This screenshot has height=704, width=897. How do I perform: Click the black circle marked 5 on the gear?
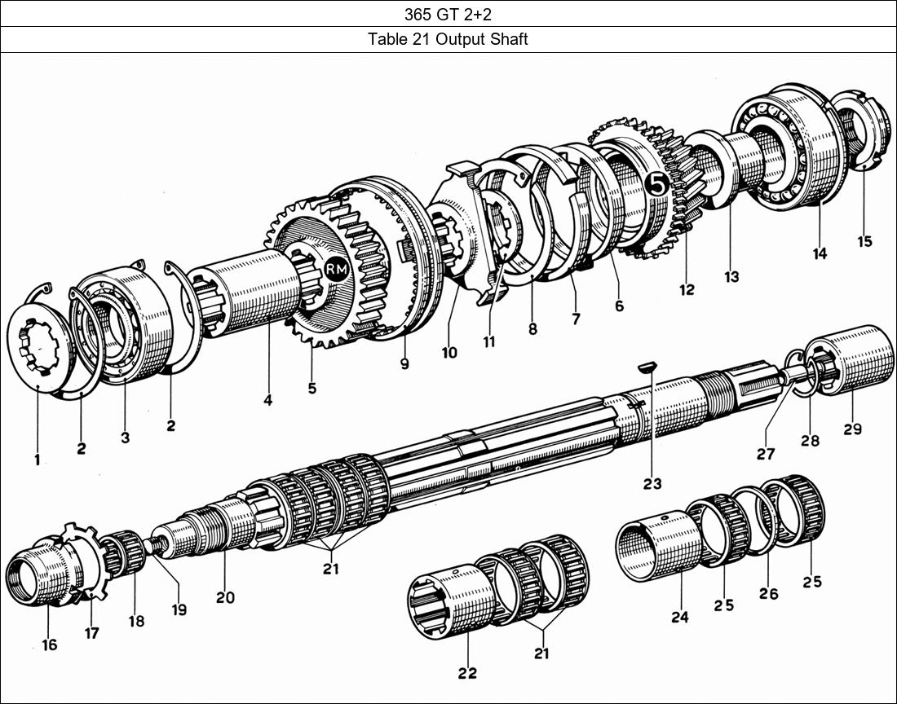pyautogui.click(x=657, y=185)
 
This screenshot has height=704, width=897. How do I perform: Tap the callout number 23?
pyautogui.click(x=652, y=483)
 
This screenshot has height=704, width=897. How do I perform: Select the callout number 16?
pyautogui.click(x=50, y=645)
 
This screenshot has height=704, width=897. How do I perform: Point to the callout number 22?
pyautogui.click(x=467, y=673)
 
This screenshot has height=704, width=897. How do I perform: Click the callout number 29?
pyautogui.click(x=852, y=429)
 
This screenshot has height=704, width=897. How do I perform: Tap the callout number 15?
pyautogui.click(x=864, y=241)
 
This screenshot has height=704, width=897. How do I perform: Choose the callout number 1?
pyautogui.click(x=37, y=460)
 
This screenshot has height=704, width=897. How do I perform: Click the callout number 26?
pyautogui.click(x=768, y=593)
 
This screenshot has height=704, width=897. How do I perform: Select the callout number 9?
pyautogui.click(x=404, y=365)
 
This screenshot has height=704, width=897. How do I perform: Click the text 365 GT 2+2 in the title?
pyautogui.click(x=448, y=14)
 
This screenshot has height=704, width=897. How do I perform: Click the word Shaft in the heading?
pyautogui.click(x=508, y=39)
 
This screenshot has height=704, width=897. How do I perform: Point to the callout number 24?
pyautogui.click(x=679, y=618)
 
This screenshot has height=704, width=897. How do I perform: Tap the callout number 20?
pyautogui.click(x=225, y=597)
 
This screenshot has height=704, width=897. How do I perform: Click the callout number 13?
pyautogui.click(x=731, y=276)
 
